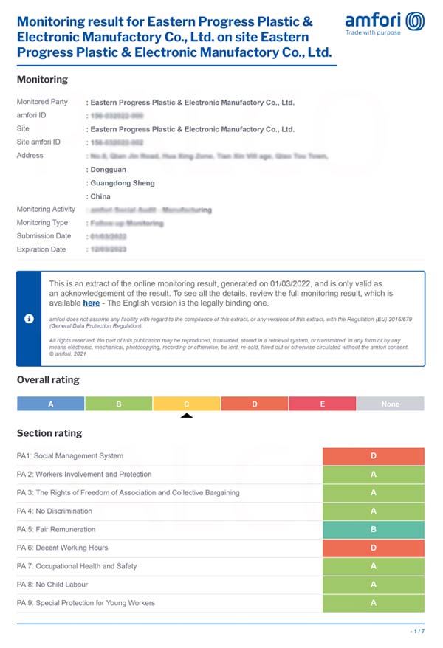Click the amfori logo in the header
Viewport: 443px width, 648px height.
[385, 23]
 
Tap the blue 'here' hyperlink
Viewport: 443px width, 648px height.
[91, 303]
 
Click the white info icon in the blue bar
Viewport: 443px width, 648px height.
[29, 318]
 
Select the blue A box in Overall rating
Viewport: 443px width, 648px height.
[51, 404]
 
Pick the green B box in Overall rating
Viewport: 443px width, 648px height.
[119, 404]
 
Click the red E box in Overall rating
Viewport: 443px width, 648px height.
[323, 404]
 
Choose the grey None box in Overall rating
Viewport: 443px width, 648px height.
[391, 404]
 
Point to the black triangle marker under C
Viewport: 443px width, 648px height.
[187, 416]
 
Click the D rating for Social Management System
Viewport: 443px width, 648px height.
[374, 456]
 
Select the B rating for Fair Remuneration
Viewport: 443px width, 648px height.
[374, 529]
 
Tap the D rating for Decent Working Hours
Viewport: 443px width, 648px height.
[374, 548]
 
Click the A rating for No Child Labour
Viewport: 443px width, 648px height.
[374, 585]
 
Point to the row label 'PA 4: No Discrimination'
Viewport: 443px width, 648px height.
[55, 511]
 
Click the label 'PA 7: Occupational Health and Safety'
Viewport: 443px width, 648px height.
[77, 566]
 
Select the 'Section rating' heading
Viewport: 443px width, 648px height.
[49, 433]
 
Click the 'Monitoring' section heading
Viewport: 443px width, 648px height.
[42, 79]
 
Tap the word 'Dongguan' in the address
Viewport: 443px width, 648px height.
[109, 169]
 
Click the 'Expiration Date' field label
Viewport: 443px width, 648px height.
[41, 249]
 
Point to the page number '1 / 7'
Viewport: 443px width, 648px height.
[417, 632]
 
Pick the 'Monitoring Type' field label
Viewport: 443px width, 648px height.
[42, 223]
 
